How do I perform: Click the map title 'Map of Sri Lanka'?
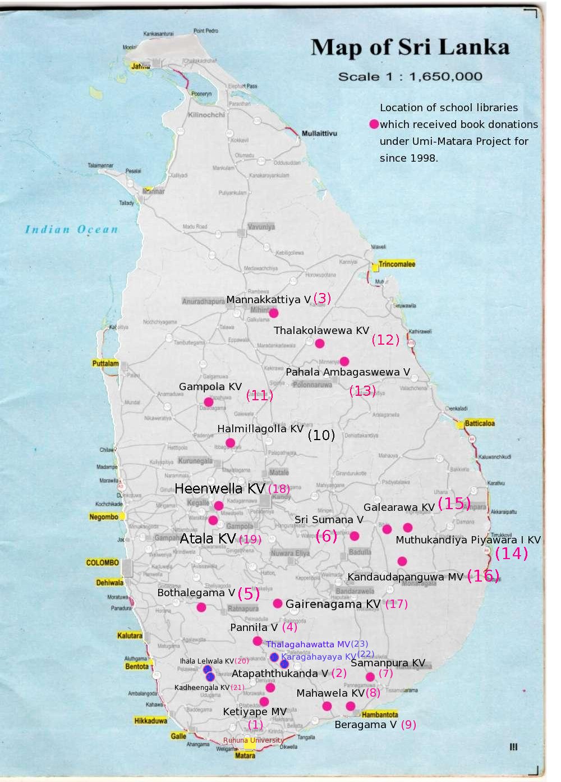tap(410, 47)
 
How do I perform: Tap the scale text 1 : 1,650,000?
tap(410, 76)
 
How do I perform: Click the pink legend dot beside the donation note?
tap(374, 125)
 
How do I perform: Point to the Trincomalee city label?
tap(397, 264)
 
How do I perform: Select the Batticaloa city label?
tap(480, 423)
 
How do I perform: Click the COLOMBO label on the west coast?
tap(102, 563)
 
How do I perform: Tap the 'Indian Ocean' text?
tap(71, 229)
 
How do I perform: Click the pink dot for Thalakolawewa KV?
tap(320, 344)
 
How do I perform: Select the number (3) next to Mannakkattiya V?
tap(322, 298)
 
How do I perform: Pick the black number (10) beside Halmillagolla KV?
tap(321, 435)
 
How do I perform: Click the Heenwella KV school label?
tap(219, 488)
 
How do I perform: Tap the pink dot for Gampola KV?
tap(208, 402)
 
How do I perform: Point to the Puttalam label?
tap(105, 363)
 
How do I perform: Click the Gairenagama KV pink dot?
tap(278, 603)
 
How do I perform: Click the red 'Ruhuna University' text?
tap(254, 740)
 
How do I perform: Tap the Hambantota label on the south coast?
tap(380, 715)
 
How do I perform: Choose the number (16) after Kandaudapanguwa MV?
tap(483, 575)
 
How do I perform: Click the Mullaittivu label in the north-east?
tap(319, 134)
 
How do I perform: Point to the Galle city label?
tap(178, 736)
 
